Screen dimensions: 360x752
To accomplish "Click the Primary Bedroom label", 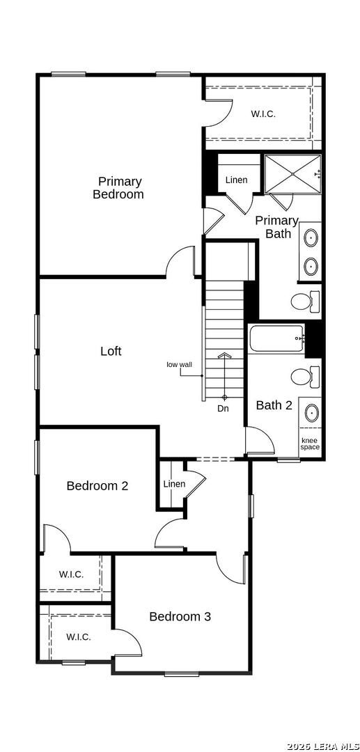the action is pos(118,188).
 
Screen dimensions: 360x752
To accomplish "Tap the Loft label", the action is pos(111,351).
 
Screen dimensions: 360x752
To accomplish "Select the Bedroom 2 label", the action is pos(97,486).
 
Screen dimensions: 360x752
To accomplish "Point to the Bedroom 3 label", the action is pos(180,616).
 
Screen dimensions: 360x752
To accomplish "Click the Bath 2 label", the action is pos(274,405).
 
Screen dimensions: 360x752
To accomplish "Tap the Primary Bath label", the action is pos(276,227).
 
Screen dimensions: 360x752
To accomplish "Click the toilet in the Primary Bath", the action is pos(306,301).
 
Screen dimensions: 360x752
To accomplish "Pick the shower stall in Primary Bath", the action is pos(292,174).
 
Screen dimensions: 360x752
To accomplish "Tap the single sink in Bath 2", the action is pos(312,412).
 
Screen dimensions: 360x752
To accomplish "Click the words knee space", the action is pos(310,444).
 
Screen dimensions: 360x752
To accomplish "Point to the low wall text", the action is pos(179,364).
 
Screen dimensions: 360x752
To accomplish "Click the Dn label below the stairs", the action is pos(223,409).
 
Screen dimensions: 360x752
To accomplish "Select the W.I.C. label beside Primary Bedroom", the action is pos(264,114).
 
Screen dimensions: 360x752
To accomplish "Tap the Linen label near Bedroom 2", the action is pos(174,484).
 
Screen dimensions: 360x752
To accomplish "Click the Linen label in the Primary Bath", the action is pos(236,180).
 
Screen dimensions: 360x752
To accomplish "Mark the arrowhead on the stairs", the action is pos(224,355).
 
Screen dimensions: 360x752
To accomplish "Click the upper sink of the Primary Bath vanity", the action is pos(311,237).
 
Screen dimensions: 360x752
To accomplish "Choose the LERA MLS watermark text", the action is pos(322,746).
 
